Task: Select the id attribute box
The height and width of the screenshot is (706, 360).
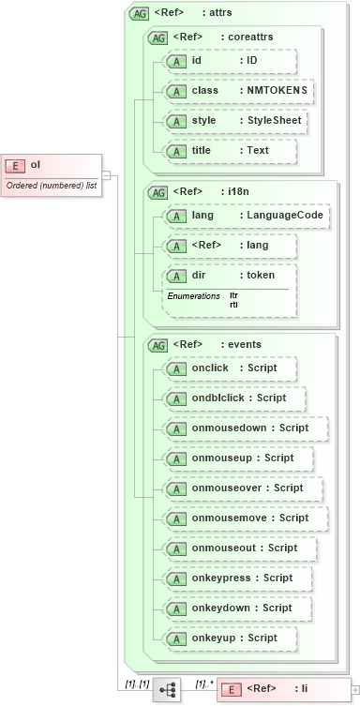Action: [230, 61]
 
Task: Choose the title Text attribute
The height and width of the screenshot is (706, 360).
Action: [230, 151]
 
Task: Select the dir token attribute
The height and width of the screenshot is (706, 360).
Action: [230, 277]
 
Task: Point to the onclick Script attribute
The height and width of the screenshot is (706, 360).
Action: [230, 368]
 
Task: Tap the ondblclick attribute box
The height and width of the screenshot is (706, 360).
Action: [234, 398]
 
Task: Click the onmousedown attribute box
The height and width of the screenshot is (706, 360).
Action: [245, 428]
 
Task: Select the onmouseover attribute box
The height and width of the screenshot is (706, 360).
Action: [243, 488]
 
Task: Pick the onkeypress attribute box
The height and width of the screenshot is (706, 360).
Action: [237, 578]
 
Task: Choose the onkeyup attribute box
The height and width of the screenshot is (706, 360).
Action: [230, 638]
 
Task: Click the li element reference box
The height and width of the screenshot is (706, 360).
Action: [282, 689]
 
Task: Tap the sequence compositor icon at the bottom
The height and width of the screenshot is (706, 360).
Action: [168, 689]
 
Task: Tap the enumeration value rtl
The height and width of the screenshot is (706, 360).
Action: [233, 305]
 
